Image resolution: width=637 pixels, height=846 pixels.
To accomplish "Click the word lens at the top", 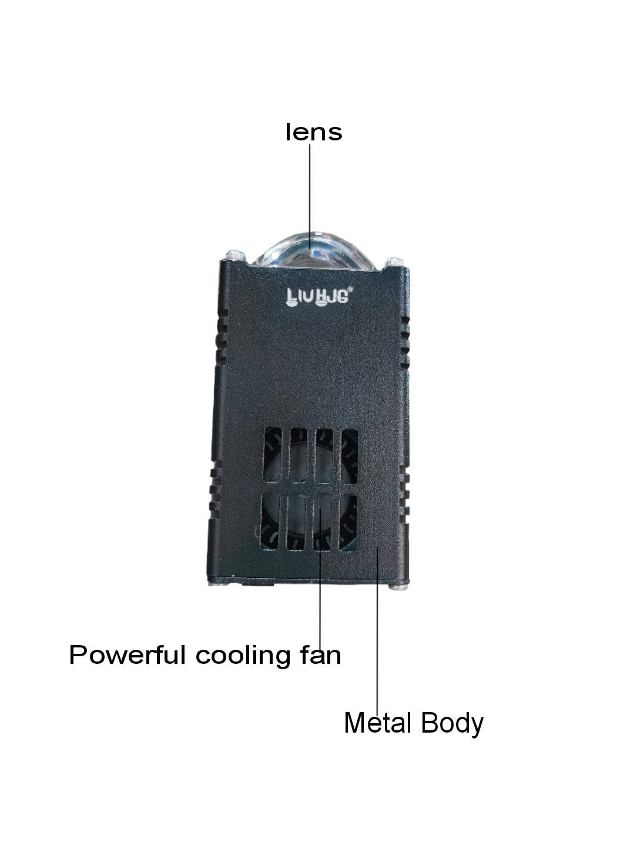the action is point(313,132).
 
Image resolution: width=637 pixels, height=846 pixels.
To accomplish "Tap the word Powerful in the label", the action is point(127,655).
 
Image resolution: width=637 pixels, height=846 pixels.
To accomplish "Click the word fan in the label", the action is point(321,655).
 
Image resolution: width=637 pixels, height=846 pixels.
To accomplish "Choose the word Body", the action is point(452,724).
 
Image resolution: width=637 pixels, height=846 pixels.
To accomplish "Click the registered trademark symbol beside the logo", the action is point(350,289).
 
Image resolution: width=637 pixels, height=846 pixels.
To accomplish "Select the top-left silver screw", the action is point(235,255).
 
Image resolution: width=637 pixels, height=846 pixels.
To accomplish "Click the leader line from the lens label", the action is point(310,196).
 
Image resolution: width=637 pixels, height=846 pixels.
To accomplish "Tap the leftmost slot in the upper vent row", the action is point(273,455).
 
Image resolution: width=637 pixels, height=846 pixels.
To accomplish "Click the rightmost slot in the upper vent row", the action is point(349,457).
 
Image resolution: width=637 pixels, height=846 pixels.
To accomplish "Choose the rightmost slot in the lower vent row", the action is point(348,523).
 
